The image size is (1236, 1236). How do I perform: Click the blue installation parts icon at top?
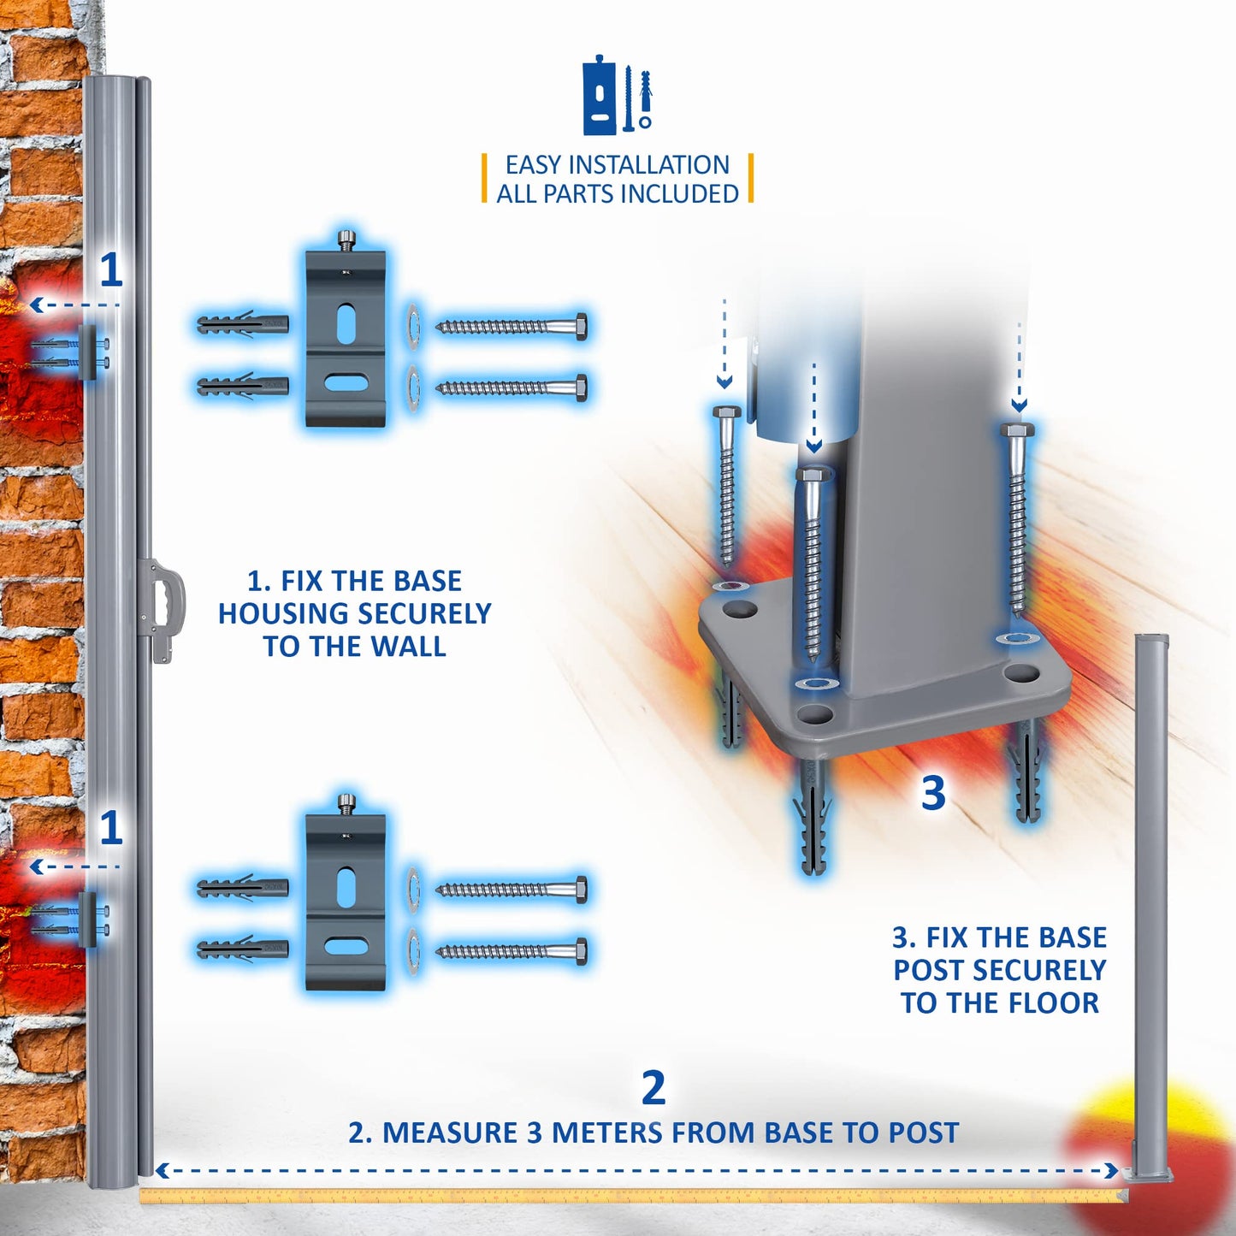pos(618,96)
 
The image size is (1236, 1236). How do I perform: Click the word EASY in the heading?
pos(532,164)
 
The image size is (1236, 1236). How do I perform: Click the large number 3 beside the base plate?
pos(933,793)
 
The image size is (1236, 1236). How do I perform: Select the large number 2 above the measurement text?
pos(653,1087)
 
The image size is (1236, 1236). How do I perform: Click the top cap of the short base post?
pos(1151,639)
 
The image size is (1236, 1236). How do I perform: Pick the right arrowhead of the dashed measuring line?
pos(1111,1170)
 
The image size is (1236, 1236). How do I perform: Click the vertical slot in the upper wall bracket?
pos(346,324)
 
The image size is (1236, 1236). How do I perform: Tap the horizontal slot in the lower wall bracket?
pos(346,948)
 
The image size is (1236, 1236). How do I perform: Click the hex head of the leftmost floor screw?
pos(726,414)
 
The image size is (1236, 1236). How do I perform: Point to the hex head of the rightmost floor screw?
pos(1018,429)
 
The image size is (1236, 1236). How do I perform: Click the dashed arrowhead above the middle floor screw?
pos(813,446)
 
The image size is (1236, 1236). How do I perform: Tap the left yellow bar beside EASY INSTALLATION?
pos(485,178)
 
